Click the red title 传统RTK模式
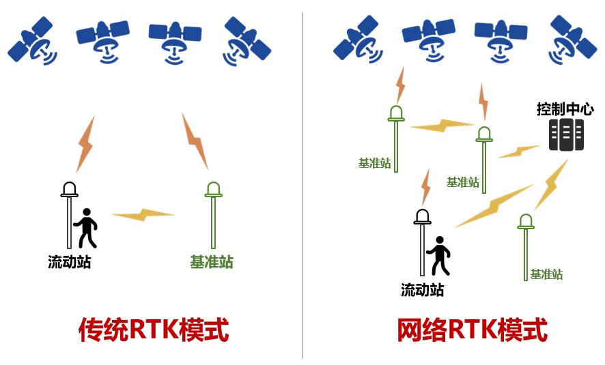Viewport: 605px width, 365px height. (x=154, y=330)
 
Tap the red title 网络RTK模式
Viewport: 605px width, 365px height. (x=472, y=330)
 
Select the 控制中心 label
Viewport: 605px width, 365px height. (x=565, y=109)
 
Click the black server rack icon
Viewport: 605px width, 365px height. (x=566, y=134)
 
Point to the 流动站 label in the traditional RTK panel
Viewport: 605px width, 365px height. (x=69, y=262)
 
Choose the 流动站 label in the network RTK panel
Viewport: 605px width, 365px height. (x=422, y=290)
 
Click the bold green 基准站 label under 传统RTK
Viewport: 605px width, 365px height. (x=212, y=262)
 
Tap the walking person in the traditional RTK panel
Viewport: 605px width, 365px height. (x=86, y=228)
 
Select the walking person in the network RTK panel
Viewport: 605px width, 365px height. (x=438, y=255)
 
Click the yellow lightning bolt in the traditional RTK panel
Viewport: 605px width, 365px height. (x=143, y=215)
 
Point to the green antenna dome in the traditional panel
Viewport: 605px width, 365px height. (x=214, y=189)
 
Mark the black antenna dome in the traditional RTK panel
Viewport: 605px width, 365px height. (x=69, y=189)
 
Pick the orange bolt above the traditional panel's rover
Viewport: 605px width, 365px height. (x=85, y=143)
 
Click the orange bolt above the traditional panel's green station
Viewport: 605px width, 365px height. (x=195, y=141)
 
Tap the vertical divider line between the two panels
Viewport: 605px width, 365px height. (x=302, y=184)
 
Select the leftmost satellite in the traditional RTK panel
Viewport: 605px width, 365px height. (x=33, y=42)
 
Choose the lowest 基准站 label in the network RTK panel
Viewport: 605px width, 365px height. (x=546, y=274)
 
